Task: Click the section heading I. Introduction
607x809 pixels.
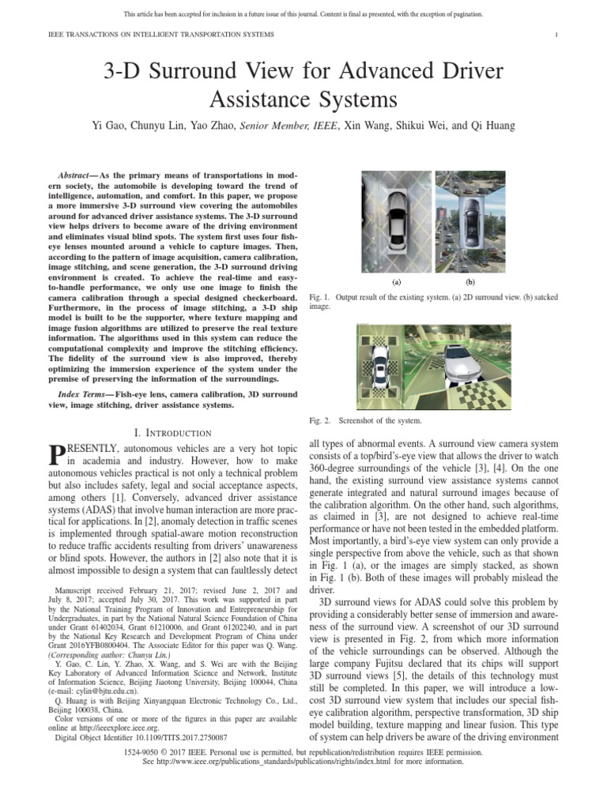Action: [172, 432]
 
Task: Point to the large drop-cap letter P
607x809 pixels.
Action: [55, 457]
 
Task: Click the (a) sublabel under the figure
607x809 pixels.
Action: [397, 280]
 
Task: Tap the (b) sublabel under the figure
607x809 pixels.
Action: [470, 280]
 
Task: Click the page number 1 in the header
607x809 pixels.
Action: [557, 36]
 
